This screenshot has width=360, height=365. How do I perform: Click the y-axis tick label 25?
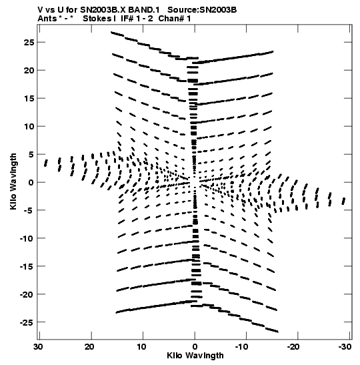29,42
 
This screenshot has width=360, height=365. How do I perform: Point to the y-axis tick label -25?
27,322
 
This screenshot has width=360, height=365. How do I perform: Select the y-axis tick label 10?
29,126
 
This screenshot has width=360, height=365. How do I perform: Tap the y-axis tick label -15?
27,266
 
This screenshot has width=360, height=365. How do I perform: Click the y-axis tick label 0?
31,183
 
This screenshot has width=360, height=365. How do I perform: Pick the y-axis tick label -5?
29,210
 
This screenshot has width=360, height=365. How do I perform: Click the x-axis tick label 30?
38,347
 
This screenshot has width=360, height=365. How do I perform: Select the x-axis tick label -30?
345,347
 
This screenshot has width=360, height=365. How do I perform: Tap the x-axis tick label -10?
241,347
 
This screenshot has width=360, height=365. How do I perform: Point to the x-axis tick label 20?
89,347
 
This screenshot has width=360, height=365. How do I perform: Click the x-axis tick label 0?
195,347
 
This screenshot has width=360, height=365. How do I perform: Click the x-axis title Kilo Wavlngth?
195,356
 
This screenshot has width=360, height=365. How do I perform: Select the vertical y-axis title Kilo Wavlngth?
13,181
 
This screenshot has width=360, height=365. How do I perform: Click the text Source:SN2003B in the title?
202,10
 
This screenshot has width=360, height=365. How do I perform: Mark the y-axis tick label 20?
29,70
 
